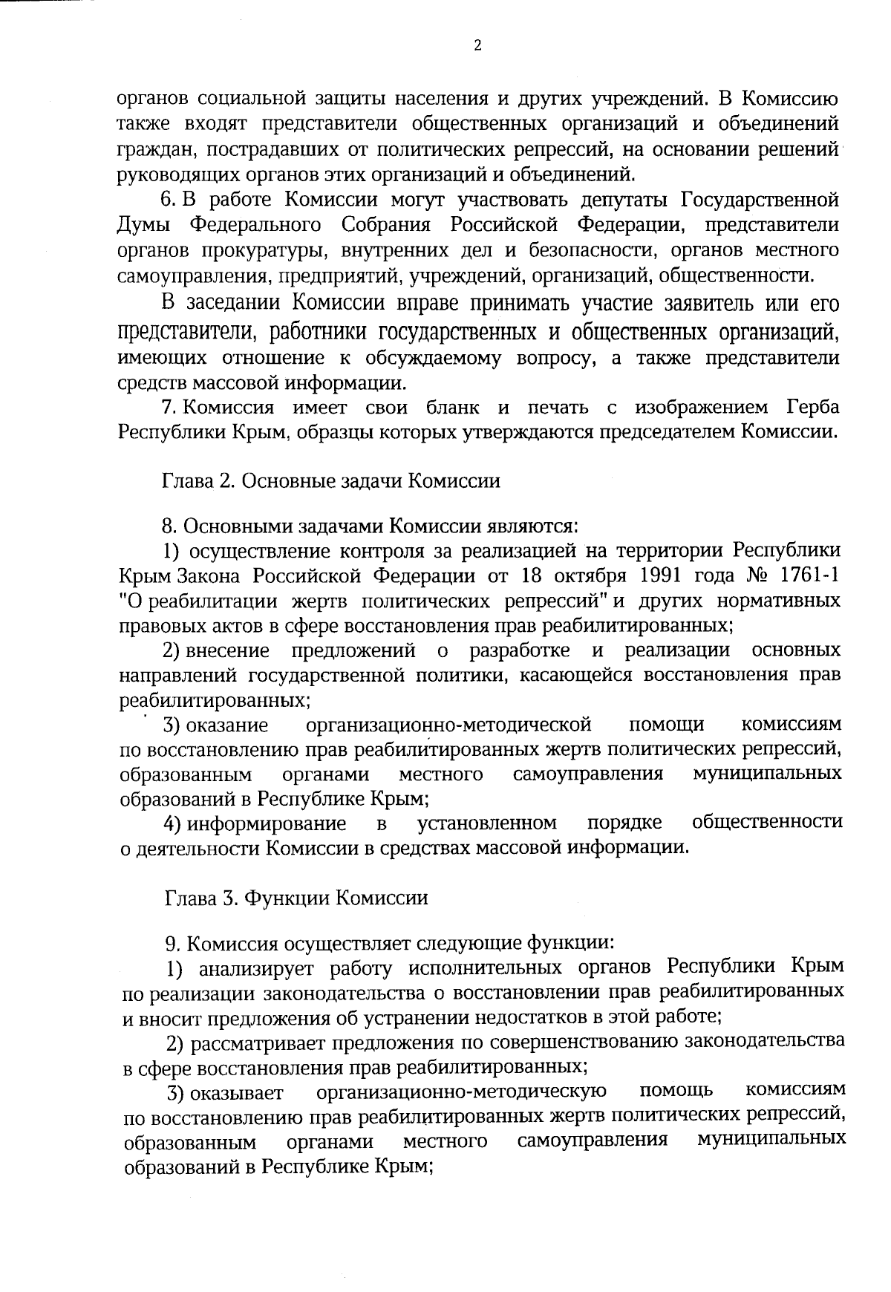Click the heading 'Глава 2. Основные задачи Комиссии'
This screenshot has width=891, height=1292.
[331, 481]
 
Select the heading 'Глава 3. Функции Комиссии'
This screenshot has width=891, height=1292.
[296, 898]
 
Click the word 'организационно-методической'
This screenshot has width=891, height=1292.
[449, 724]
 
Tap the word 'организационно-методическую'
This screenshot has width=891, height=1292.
[461, 1092]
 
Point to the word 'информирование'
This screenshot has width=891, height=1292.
[267, 823]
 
